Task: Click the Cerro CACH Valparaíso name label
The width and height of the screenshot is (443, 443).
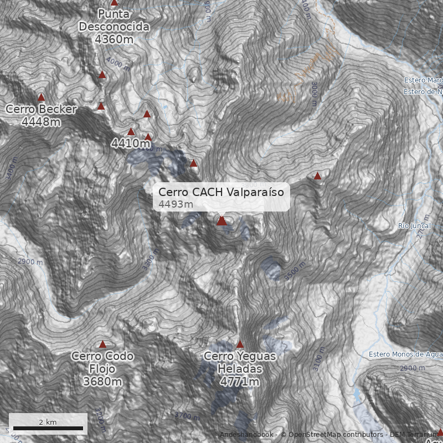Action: pyautogui.click(x=220, y=192)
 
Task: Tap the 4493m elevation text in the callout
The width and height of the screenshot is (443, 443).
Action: pyautogui.click(x=176, y=204)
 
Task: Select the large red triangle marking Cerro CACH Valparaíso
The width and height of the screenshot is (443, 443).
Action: pyautogui.click(x=221, y=220)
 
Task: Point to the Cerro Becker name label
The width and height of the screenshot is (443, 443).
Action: pyautogui.click(x=41, y=109)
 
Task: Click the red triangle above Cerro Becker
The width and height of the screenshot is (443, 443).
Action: pyautogui.click(x=41, y=97)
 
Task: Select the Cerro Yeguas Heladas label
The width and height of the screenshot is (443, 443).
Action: pyautogui.click(x=240, y=363)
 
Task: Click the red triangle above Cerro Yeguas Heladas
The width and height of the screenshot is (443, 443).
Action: pyautogui.click(x=240, y=344)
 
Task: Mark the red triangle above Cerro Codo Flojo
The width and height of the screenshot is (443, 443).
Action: pyautogui.click(x=102, y=344)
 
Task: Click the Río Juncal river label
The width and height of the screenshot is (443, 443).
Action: pyautogui.click(x=411, y=225)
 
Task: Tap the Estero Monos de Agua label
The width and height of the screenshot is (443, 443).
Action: pyautogui.click(x=405, y=354)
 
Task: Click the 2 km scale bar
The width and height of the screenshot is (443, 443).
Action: pyautogui.click(x=48, y=427)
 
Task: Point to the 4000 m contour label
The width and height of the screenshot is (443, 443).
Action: pyautogui.click(x=118, y=64)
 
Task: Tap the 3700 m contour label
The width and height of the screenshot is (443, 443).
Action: pyautogui.click(x=187, y=415)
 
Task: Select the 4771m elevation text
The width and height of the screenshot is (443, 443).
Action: pyautogui.click(x=240, y=382)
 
